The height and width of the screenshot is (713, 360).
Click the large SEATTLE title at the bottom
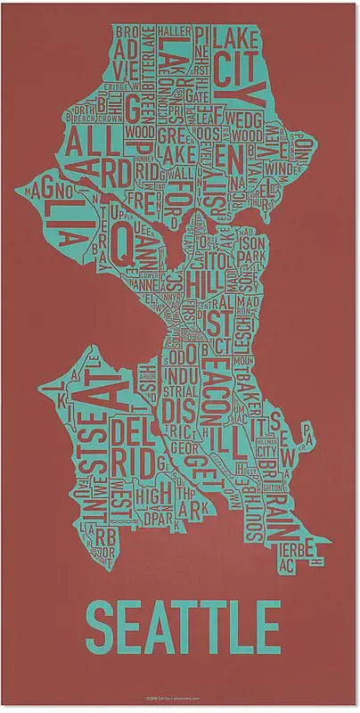[x=182, y=627]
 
